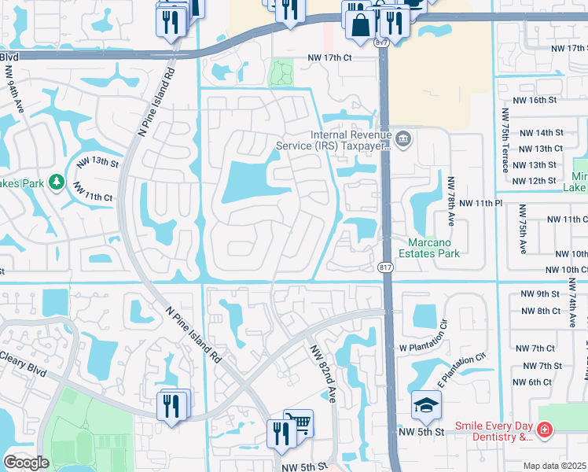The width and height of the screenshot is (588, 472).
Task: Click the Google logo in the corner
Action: point(26,463)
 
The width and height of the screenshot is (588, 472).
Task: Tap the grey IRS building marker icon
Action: point(403,139)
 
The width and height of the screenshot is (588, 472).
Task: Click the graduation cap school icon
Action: point(425,405)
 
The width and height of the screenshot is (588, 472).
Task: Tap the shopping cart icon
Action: point(298,423)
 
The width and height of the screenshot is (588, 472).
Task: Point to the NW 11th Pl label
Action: point(480,203)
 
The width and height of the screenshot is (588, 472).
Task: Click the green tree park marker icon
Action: point(56,183)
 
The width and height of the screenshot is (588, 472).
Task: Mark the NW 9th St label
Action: point(538,293)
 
